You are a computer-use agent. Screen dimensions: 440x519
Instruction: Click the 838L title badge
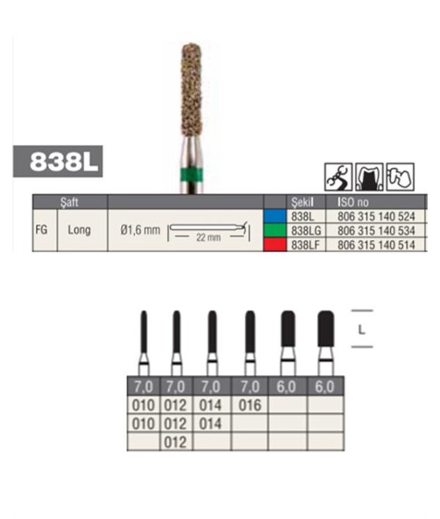58,161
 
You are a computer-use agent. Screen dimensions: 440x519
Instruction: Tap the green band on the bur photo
191,175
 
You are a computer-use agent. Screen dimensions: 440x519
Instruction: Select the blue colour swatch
275,216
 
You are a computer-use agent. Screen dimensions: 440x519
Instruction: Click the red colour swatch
275,245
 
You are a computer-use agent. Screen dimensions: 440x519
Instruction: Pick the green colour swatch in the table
275,231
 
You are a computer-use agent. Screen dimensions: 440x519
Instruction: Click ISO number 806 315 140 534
376,231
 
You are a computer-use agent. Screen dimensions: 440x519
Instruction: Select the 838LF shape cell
305,245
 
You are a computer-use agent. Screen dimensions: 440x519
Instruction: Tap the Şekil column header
302,202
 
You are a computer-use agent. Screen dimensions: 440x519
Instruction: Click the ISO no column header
353,202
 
